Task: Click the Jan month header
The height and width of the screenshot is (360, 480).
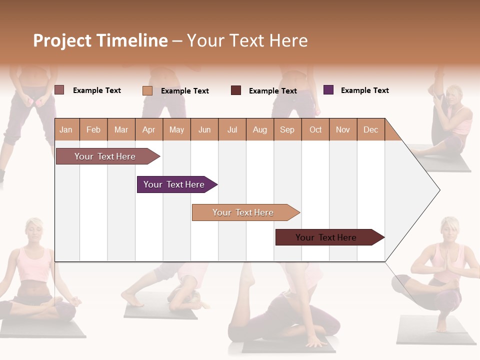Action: click(x=66, y=130)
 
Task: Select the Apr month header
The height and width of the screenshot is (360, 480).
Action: click(x=148, y=130)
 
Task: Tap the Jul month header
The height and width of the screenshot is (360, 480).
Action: click(x=232, y=130)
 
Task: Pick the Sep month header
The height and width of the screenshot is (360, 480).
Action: click(x=287, y=130)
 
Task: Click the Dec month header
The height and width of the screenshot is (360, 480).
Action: click(x=370, y=130)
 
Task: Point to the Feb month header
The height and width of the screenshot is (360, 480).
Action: click(x=93, y=130)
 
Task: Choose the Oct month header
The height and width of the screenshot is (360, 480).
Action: click(x=315, y=130)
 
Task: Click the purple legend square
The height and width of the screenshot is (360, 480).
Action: click(x=328, y=90)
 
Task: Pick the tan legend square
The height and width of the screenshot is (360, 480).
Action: click(x=147, y=90)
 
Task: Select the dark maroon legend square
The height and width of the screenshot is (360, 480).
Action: click(x=236, y=90)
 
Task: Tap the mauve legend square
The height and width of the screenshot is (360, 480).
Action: click(x=59, y=90)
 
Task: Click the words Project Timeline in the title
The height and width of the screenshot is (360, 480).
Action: click(x=100, y=40)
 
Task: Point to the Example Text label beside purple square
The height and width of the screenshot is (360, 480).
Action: click(x=364, y=90)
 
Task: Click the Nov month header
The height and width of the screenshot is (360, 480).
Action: click(x=343, y=130)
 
